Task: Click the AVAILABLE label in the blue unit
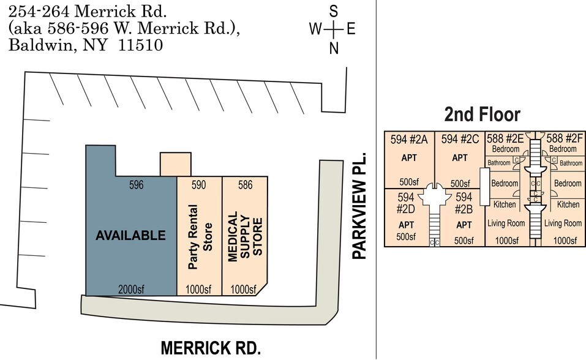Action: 130,235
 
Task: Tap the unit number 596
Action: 136,184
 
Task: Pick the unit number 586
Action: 244,184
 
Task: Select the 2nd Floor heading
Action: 482,114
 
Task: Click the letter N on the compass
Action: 334,50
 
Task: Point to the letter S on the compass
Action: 334,10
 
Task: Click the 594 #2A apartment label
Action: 408,140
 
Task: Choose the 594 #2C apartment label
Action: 460,140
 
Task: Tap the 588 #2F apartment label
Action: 563,138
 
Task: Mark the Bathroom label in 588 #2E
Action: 498,163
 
